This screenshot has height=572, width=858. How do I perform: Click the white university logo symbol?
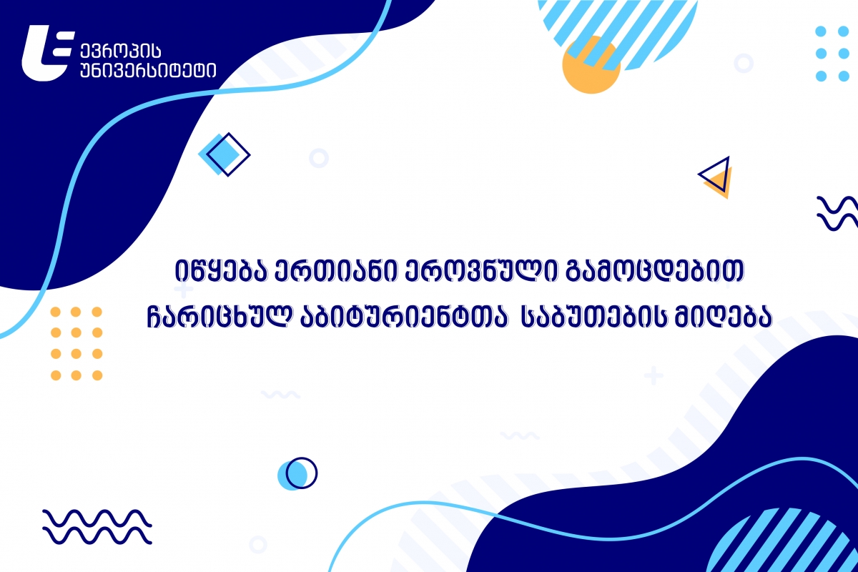46,53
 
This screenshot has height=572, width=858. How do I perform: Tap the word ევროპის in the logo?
121,51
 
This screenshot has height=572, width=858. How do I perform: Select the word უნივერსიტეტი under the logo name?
148,71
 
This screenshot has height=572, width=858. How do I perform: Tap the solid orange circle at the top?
591,65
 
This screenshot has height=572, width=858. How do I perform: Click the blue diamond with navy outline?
225,154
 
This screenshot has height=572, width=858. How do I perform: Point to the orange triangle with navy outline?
716,177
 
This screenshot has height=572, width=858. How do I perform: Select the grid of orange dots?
77,343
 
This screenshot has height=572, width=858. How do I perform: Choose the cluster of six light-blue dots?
832,54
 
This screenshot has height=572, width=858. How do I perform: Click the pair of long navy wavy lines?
97,526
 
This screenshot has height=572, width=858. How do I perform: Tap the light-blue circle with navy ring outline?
297,473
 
